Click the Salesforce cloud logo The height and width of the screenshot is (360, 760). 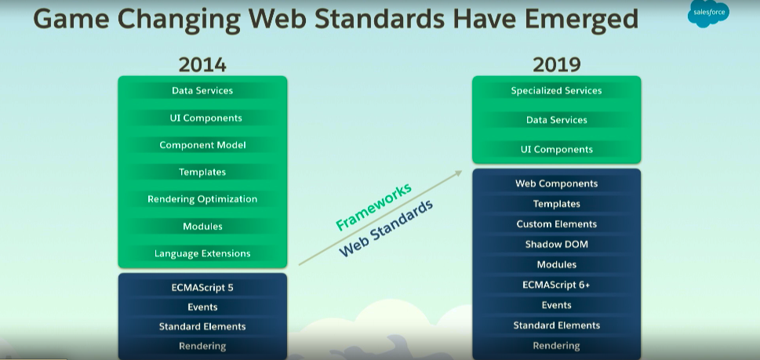708,13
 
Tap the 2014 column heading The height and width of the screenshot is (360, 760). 202,65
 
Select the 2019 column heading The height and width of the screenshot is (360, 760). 556,65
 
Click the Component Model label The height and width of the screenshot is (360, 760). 202,145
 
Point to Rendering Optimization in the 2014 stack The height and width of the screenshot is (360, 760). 202,199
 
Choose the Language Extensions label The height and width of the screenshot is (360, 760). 202,253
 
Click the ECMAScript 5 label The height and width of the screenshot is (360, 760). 202,287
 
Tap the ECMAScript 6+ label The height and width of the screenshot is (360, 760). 556,285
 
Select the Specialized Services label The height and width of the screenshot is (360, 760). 556,91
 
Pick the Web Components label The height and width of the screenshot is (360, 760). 556,184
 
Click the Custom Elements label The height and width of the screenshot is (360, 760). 556,224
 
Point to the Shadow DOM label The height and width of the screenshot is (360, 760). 556,244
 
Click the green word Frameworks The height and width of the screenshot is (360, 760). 373,207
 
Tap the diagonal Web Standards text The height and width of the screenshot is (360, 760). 386,228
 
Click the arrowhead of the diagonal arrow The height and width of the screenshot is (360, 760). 459,173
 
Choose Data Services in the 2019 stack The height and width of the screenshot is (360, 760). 556,120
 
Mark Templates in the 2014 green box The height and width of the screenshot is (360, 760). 202,172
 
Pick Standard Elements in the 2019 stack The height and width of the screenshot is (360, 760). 556,325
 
